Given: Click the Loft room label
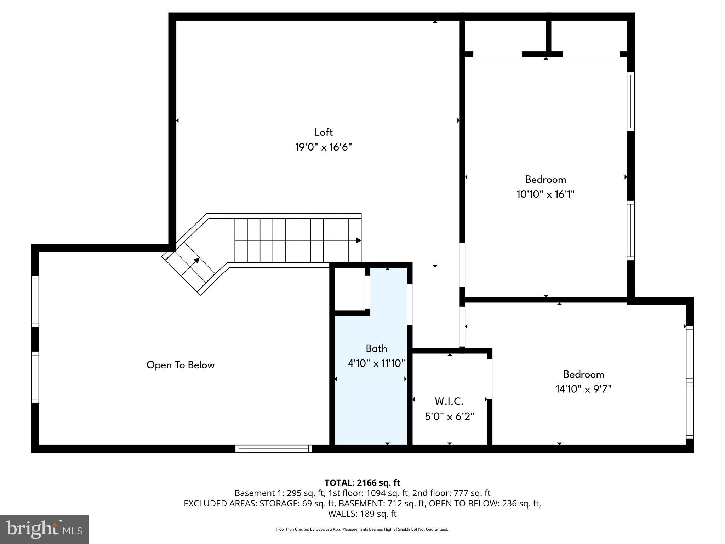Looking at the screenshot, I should (x=324, y=132).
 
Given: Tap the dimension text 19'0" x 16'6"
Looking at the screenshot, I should (x=324, y=147).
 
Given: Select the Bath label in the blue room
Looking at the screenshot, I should (x=376, y=348).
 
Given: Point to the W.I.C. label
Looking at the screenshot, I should (x=449, y=402).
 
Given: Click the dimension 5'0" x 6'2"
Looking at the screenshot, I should (x=449, y=416).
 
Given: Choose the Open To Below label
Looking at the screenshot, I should (x=181, y=365).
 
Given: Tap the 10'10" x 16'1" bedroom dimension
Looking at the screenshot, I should (x=546, y=194).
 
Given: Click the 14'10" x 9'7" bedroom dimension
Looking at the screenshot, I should (x=583, y=389).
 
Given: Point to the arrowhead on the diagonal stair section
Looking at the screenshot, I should (x=196, y=261).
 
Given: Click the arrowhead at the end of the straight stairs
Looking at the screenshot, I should (x=358, y=240).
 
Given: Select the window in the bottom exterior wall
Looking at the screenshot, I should (x=274, y=449).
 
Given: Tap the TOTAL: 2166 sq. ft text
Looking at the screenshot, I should (x=362, y=483).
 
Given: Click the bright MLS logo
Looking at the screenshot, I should (x=44, y=529).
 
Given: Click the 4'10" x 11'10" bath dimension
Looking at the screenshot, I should (x=376, y=363).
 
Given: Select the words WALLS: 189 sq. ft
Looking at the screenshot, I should (x=362, y=514).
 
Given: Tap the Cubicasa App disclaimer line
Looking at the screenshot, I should (x=362, y=529).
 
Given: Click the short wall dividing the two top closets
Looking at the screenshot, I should (x=548, y=35).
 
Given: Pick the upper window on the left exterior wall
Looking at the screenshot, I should (x=35, y=301).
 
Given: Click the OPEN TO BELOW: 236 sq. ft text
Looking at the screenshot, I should (x=484, y=503).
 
